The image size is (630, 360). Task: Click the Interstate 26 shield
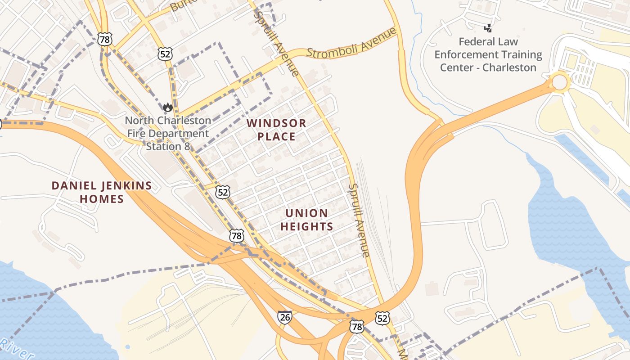pos(284,316)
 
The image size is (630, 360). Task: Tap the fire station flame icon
pos(168,107)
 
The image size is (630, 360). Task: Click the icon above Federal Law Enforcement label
pos(488,28)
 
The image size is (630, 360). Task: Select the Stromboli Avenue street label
pos(351,43)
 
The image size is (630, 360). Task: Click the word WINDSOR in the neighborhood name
pos(276,123)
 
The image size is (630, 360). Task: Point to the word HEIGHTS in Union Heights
pos(306,226)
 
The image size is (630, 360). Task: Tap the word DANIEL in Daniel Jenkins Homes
pos(72,185)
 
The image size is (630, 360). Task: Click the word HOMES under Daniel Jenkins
pos(102,199)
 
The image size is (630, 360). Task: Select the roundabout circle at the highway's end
pos(559,83)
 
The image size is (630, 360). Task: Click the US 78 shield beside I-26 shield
pos(356,327)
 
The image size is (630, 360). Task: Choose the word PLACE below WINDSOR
pos(276,136)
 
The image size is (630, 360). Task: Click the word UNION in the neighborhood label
pos(306,213)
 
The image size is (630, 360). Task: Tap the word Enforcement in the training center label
pos(488,55)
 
